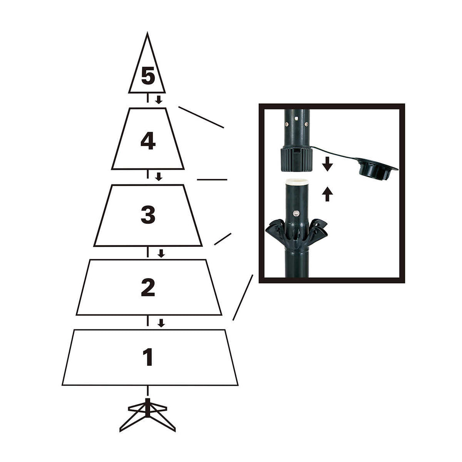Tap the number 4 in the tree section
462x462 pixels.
tap(148, 141)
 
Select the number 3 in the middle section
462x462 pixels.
tap(148, 215)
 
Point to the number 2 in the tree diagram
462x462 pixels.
tap(148, 288)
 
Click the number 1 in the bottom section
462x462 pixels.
tap(148, 357)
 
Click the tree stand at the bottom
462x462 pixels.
tap(148, 414)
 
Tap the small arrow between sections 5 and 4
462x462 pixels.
tap(159, 100)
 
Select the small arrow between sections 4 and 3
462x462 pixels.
tap(159, 176)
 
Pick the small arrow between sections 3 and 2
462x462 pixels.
tap(161, 253)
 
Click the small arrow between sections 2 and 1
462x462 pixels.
tap(161, 323)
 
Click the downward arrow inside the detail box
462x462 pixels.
tap(327, 164)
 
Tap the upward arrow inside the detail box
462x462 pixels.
tap(327, 194)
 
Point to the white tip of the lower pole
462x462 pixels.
tap(296, 182)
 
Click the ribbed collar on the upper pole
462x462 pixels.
tap(296, 159)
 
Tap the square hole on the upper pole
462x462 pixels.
tap(296, 115)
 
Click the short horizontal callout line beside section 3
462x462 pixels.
tap(212, 180)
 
